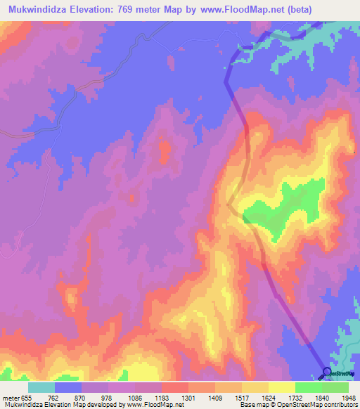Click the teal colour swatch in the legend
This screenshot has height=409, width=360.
pos(41,387)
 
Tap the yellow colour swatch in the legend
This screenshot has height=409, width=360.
pos(282,387)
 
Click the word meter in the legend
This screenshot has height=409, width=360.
pos(11,397)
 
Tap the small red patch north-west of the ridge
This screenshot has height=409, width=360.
pos(165,150)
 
